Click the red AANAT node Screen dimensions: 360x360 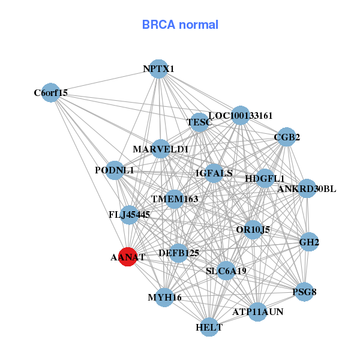point(127,257)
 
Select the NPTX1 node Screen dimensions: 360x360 point(158,69)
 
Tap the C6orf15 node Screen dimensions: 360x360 point(51,92)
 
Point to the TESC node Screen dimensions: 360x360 point(199,122)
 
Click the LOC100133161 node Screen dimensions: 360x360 point(240,115)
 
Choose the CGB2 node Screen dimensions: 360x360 point(287,137)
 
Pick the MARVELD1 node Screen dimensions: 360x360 point(161,148)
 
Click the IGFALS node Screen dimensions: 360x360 point(214,173)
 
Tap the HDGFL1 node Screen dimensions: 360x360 point(265,178)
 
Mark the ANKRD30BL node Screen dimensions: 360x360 point(307,188)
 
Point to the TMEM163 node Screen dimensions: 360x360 point(175,199)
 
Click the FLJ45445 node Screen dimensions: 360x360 point(130,214)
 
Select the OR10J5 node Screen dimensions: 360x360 point(253,229)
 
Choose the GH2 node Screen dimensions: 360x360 point(308,242)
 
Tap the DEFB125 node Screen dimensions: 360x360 point(179,253)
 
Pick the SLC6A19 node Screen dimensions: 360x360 point(226,271)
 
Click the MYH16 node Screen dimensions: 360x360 point(164,297)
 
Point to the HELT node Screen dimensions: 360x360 point(209,327)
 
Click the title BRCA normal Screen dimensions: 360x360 point(180,25)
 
